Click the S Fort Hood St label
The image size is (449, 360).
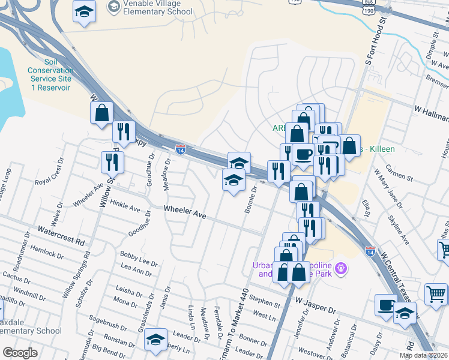[x=372, y=42]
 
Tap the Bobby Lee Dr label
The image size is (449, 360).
[x=139, y=259]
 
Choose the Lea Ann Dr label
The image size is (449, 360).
[x=136, y=269]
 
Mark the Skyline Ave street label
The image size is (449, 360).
[x=398, y=230]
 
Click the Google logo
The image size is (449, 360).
[x=20, y=353]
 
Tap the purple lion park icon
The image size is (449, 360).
[x=342, y=267]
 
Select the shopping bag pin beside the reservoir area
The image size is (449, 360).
[x=102, y=112]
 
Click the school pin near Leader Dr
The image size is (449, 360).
[x=156, y=340]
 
